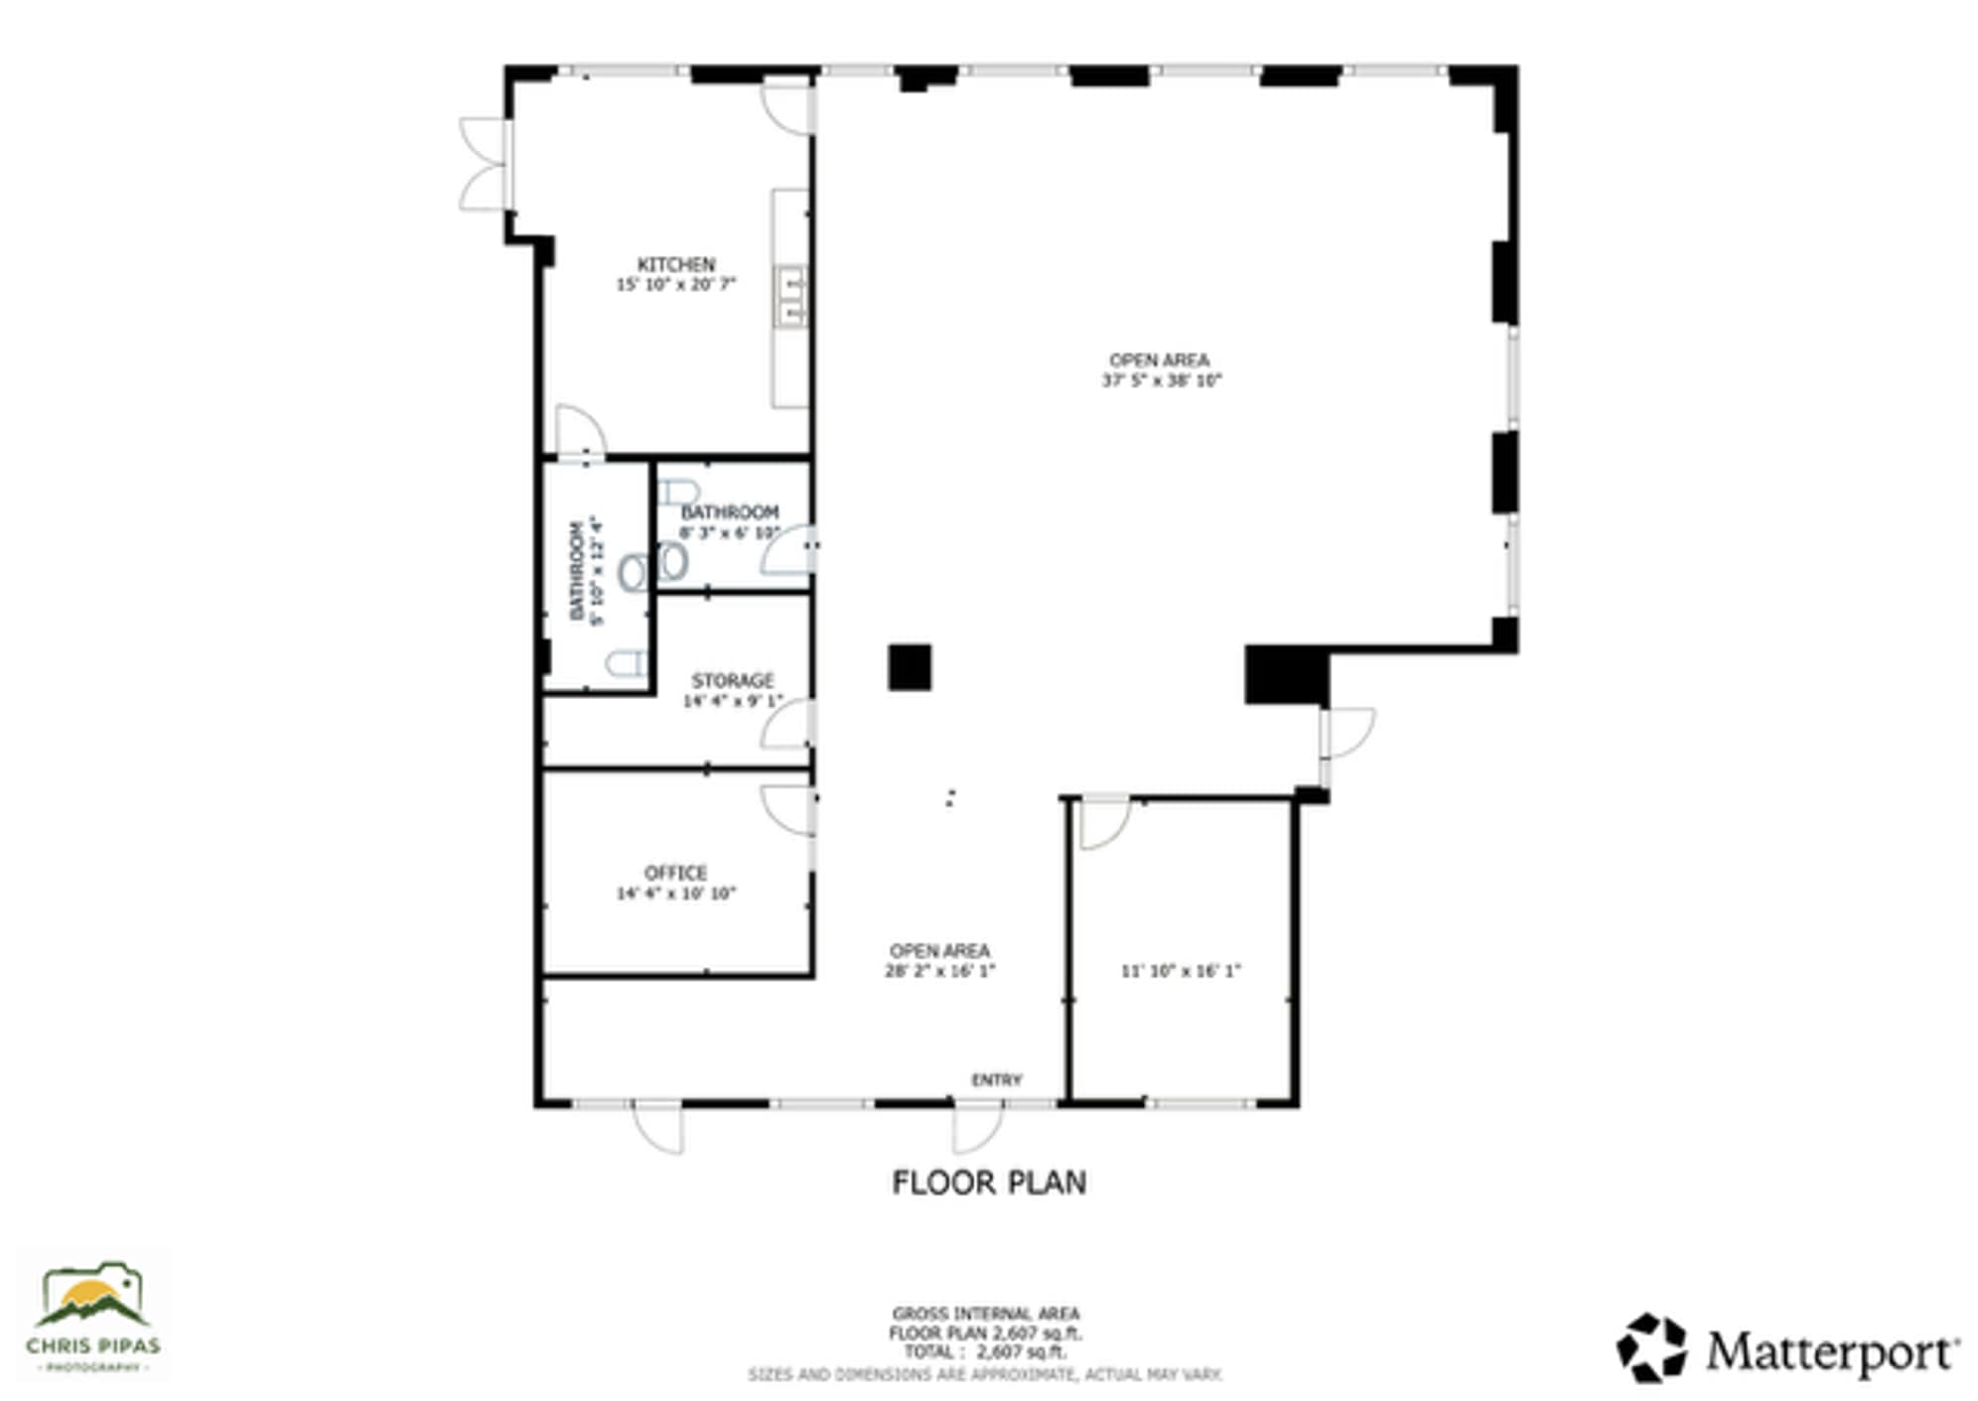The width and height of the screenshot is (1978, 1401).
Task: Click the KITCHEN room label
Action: pos(675,264)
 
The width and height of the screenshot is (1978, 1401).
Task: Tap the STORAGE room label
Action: pos(732,680)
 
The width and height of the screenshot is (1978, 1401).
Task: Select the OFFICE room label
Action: pos(675,873)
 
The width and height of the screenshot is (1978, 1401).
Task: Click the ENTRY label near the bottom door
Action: pos(996,1079)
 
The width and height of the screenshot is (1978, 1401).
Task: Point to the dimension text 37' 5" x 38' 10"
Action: pos(1161,380)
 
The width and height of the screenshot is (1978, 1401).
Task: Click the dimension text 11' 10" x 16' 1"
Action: pos(1181,971)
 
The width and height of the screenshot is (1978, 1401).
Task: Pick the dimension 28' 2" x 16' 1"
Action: pos(939,971)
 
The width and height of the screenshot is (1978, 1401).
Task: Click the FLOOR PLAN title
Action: pos(988,1183)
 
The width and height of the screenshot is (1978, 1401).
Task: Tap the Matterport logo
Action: pos(1786,1349)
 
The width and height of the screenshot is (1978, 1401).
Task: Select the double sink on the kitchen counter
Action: pos(790,296)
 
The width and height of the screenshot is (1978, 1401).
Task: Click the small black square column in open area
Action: pos(909,667)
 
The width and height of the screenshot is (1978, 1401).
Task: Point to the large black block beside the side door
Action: pos(1285,675)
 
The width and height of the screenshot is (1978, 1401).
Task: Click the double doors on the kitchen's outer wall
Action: pos(484,164)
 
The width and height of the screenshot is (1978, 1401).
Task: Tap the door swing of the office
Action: pos(787,809)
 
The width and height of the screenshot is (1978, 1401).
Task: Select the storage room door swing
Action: pos(787,725)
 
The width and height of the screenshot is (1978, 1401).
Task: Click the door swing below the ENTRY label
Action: pos(978,1127)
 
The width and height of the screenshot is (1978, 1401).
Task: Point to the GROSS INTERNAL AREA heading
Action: pos(985,1314)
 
